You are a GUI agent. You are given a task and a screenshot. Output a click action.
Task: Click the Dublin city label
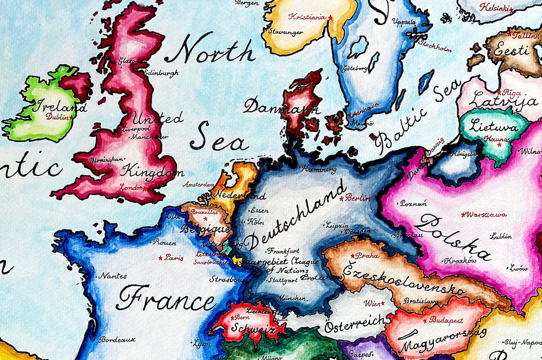point(57,117)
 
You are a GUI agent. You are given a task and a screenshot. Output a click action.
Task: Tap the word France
point(166,299)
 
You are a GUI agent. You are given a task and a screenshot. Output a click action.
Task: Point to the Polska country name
point(453,237)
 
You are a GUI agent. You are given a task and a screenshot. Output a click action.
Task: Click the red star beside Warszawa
point(464,214)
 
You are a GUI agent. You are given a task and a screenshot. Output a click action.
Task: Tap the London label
point(131,187)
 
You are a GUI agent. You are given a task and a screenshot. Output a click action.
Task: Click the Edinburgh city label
point(161,73)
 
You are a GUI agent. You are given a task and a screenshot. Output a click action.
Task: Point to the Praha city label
point(367,255)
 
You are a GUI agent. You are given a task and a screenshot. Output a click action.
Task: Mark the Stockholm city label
point(436,45)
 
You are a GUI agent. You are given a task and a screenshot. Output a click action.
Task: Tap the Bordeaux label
point(117,339)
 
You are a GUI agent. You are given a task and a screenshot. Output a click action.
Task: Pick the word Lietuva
point(493,127)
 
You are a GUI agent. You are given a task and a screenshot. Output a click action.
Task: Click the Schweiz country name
point(252,329)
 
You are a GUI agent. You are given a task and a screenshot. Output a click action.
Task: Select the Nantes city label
point(113,276)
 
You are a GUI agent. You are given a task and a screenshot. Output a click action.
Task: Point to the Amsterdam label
point(199,185)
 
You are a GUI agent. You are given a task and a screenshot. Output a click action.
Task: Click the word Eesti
point(511,50)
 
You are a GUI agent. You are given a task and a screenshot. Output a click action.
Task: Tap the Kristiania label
point(307,16)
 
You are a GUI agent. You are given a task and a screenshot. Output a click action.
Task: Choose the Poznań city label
point(413,203)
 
